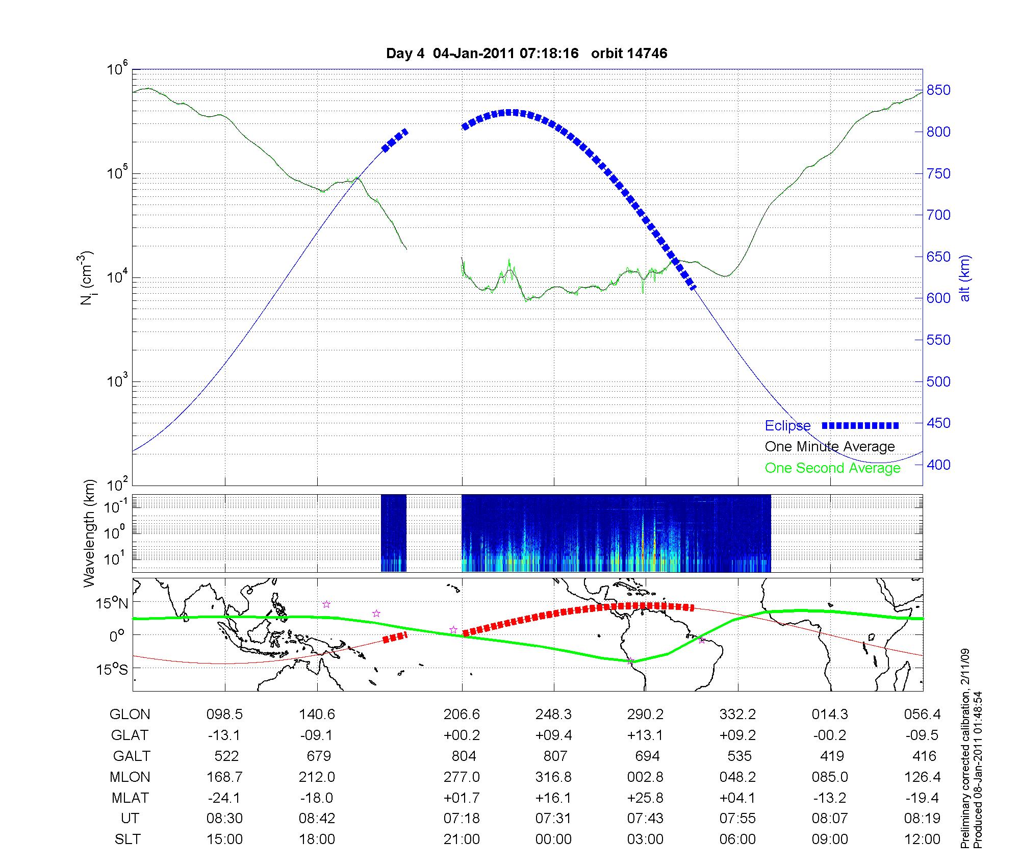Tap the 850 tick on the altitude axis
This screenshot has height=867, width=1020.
(938, 90)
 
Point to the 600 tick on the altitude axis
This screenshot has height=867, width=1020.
(938, 298)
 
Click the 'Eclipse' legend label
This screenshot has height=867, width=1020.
(787, 426)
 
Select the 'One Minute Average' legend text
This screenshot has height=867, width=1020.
(830, 447)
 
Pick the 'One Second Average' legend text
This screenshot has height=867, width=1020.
(832, 468)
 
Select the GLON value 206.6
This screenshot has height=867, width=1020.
(462, 715)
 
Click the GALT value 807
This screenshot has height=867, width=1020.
(555, 756)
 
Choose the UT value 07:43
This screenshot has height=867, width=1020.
(646, 819)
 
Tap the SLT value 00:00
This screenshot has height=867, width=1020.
(553, 839)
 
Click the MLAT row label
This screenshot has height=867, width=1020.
(130, 798)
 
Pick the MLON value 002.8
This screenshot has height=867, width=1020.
(646, 777)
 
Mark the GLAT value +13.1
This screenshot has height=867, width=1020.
(646, 735)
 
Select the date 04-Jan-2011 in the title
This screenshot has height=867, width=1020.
(472, 54)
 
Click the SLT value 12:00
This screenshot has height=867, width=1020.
(923, 839)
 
